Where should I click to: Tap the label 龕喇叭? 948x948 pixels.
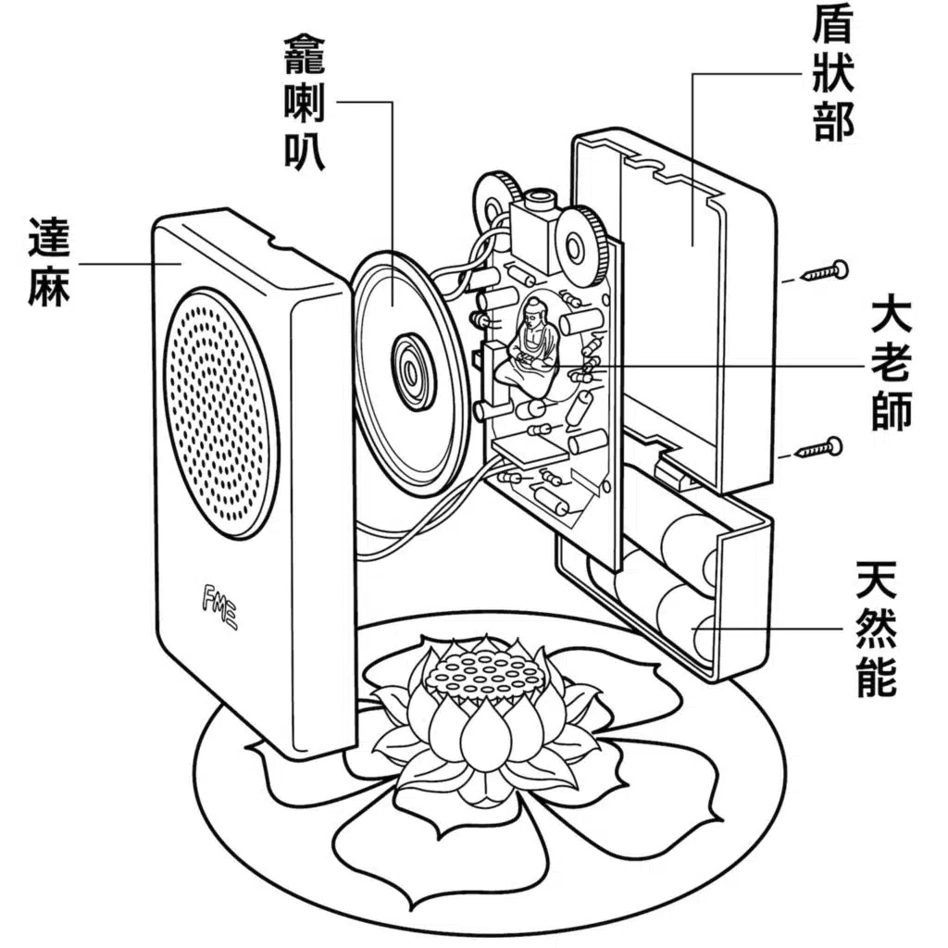click(x=305, y=105)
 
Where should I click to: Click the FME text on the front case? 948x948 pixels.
click(x=219, y=607)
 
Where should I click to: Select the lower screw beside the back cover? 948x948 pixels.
click(x=821, y=449)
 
